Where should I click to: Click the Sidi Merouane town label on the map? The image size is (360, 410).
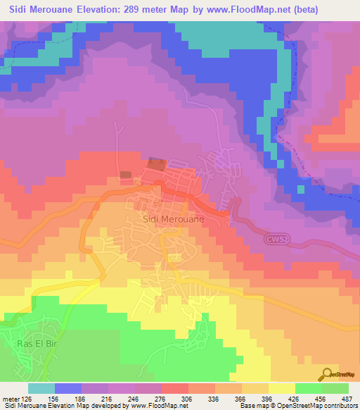(x=174, y=219)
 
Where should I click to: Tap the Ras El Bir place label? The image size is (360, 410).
(x=32, y=344)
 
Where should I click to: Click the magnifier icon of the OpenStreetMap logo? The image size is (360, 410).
(x=326, y=374)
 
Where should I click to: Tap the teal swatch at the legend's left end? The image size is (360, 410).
(x=41, y=388)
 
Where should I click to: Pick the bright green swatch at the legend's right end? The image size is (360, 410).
(x=335, y=388)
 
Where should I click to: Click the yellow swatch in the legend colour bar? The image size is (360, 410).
(x=282, y=388)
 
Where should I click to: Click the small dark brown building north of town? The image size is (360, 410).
(x=125, y=175)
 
